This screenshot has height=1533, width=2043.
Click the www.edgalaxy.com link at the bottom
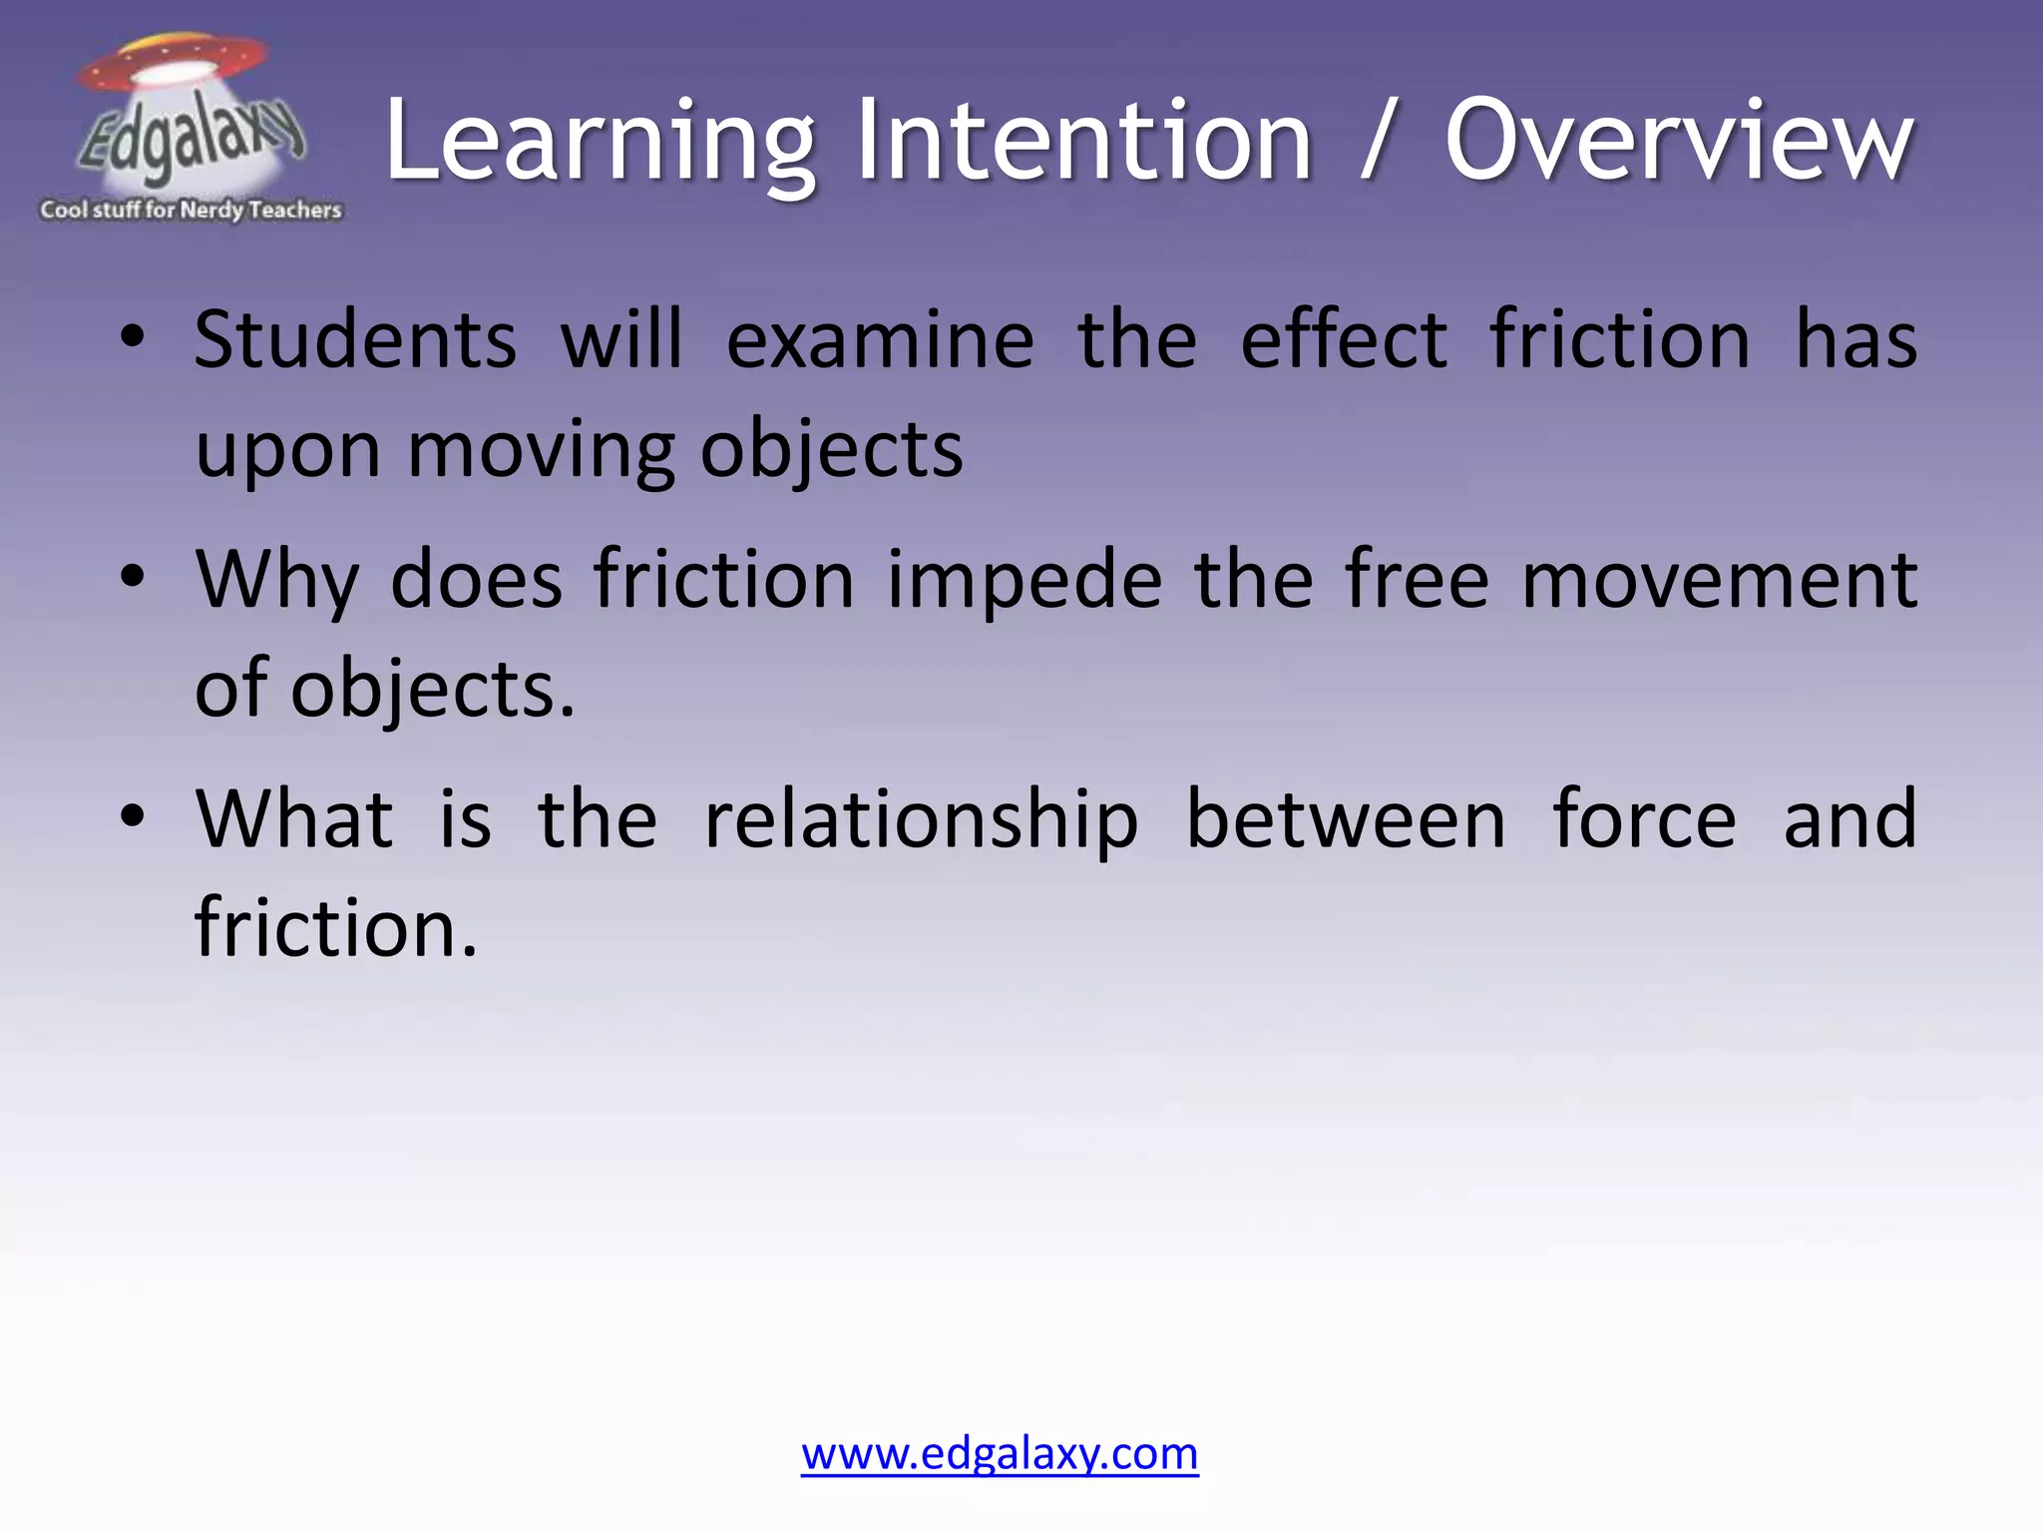point(1000,1453)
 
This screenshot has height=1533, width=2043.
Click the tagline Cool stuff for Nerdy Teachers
point(191,210)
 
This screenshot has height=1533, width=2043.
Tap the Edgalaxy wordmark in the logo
point(190,140)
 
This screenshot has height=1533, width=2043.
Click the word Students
point(355,339)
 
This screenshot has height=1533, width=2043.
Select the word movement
point(1718,580)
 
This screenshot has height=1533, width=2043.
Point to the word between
point(1346,819)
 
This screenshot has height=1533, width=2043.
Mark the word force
point(1645,819)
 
